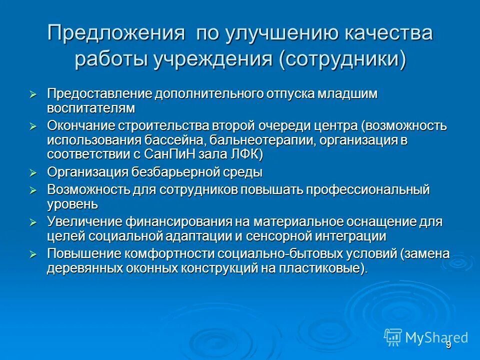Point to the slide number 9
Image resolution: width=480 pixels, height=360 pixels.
pyautogui.click(x=448, y=345)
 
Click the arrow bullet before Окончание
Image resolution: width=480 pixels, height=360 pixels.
pyautogui.click(x=33, y=127)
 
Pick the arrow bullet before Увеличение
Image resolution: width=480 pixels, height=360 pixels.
pyautogui.click(x=33, y=222)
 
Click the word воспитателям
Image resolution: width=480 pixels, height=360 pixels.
pyautogui.click(x=91, y=108)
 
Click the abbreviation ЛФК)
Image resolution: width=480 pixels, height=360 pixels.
pyautogui.click(x=245, y=154)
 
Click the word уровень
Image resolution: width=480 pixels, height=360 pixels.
pyautogui.click(x=72, y=204)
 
